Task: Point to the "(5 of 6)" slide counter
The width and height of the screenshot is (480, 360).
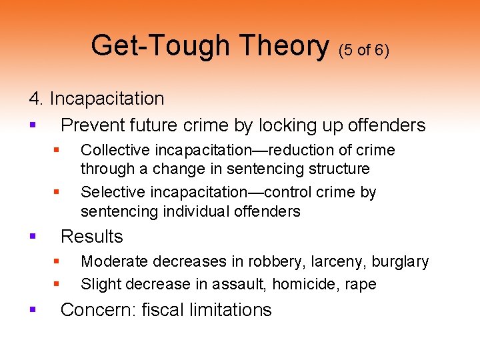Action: point(364,50)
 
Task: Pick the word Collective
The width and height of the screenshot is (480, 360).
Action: point(113,150)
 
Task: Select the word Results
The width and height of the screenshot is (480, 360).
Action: point(92,237)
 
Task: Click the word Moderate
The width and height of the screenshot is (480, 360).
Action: point(113,262)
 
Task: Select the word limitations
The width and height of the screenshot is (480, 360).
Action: point(231,310)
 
